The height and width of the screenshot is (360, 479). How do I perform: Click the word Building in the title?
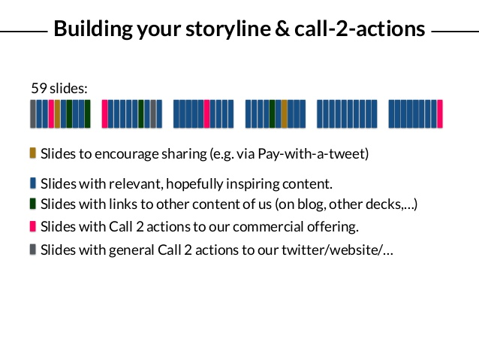pos(93,29)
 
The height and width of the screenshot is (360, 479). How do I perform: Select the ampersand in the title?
pos(282,29)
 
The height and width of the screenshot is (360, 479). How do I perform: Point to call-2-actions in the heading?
pos(360,29)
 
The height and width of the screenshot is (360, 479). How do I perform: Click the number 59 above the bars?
pos(39,88)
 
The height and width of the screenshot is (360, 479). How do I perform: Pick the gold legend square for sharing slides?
pos(33,153)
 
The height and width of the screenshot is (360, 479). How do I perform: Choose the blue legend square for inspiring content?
pos(33,183)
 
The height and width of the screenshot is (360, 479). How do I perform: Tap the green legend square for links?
pos(33,204)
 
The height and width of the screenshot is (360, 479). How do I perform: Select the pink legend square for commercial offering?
pos(33,226)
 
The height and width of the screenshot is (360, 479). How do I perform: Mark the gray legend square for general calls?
pos(33,250)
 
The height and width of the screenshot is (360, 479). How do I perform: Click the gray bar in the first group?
pos(33,113)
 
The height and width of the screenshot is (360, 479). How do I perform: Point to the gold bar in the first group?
pos(57,113)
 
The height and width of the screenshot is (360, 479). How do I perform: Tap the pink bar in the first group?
pos(51,113)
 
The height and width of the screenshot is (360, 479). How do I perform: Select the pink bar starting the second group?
pos(105,113)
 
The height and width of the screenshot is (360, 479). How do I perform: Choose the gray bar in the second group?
pos(153,113)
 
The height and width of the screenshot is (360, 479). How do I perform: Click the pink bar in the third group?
pos(206,113)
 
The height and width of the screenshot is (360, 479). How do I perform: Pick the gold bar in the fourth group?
pos(284,113)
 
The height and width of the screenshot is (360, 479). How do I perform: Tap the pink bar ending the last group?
pos(440,113)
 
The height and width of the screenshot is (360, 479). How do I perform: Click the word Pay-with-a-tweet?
pos(312,154)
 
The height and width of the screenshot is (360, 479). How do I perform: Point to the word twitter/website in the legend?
pos(332,250)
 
